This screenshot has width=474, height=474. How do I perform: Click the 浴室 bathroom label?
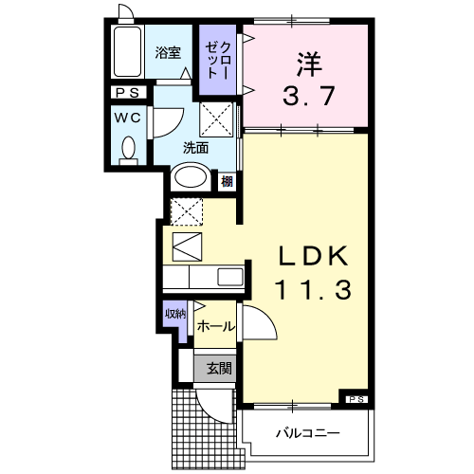pyautogui.click(x=168, y=53)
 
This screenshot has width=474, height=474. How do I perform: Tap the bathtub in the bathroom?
pyautogui.click(x=125, y=53)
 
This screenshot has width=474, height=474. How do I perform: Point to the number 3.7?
pyautogui.click(x=307, y=97)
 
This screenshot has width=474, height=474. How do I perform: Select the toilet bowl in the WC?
pyautogui.click(x=128, y=150)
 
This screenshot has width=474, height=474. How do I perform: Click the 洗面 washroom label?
pyautogui.click(x=195, y=147)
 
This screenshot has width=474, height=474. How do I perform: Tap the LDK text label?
pyautogui.click(x=314, y=258)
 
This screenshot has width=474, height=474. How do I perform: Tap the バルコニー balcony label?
pyautogui.click(x=307, y=434)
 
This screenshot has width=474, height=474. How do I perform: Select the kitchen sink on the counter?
pyautogui.click(x=230, y=277)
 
